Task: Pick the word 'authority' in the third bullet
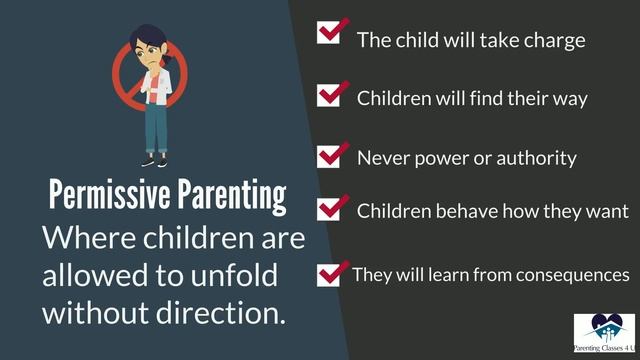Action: coord(541,158)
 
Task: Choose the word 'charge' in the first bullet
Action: coord(555,41)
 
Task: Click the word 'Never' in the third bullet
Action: coord(381,158)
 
